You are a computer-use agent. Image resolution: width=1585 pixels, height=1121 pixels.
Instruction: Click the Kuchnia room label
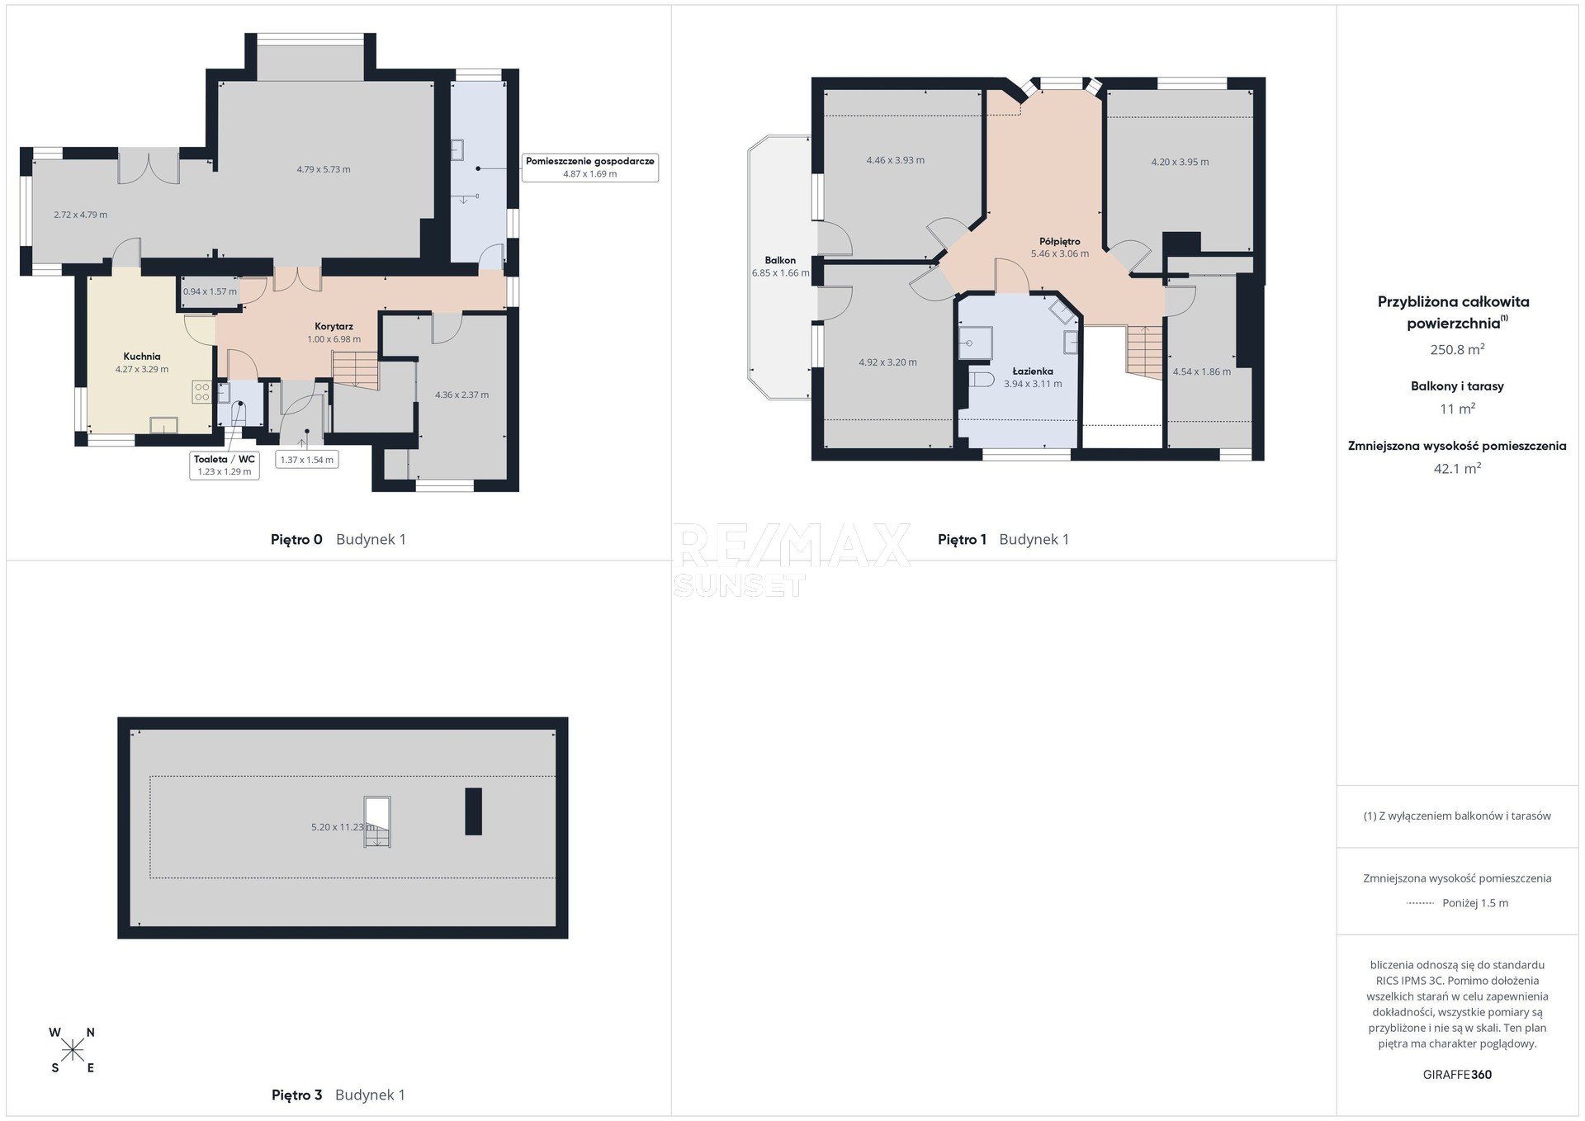click(x=142, y=357)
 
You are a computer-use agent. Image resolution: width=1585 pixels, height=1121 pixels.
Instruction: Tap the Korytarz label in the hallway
click(x=334, y=326)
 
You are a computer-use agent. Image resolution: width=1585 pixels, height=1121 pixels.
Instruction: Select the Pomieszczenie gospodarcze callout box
click(x=589, y=168)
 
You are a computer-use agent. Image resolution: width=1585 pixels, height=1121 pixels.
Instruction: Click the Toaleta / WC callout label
click(x=225, y=459)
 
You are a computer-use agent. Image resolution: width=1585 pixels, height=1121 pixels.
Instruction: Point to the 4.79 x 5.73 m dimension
click(x=324, y=169)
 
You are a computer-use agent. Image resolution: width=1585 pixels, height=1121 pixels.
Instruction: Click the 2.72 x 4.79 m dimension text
click(x=80, y=215)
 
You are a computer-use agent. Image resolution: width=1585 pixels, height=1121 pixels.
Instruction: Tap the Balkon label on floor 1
click(x=780, y=260)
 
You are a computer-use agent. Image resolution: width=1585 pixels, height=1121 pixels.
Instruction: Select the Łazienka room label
click(x=1033, y=371)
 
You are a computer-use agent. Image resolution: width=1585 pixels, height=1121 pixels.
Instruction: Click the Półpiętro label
click(x=1060, y=241)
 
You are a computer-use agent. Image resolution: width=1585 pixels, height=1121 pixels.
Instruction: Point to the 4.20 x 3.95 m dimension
click(x=1180, y=162)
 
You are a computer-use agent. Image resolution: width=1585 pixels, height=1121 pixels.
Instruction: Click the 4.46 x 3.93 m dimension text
click(x=896, y=160)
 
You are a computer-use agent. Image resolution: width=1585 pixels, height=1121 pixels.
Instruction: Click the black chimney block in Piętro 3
click(x=473, y=811)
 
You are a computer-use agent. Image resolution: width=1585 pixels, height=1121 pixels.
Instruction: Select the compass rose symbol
click(x=73, y=1050)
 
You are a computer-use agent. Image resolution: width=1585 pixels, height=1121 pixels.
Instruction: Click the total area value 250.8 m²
click(x=1457, y=349)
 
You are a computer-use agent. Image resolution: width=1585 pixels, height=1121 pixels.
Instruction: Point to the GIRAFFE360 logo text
click(x=1457, y=1075)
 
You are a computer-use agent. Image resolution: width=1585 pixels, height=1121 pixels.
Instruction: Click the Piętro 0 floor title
click(x=296, y=539)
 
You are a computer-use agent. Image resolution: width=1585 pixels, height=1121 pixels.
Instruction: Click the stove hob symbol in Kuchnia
click(x=201, y=391)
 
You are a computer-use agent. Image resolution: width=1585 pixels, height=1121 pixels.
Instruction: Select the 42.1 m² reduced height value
click(x=1457, y=468)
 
